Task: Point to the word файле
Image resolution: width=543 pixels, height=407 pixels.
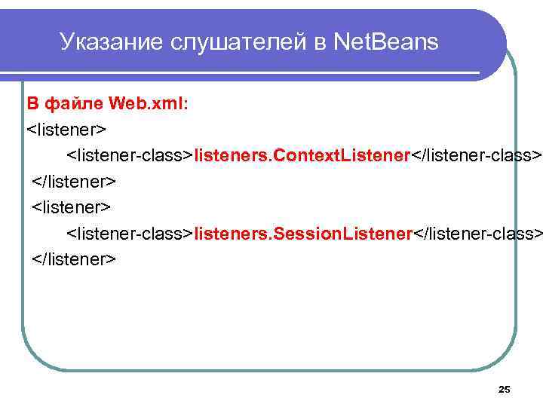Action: pyautogui.click(x=74, y=102)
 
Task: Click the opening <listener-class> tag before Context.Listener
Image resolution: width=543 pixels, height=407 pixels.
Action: pyautogui.click(x=130, y=155)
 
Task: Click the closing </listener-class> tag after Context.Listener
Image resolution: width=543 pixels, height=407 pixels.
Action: pyautogui.click(x=476, y=155)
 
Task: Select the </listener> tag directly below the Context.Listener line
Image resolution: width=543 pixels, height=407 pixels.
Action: pyautogui.click(x=74, y=181)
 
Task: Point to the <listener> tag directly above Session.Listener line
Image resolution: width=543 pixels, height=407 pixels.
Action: pyautogui.click(x=72, y=207)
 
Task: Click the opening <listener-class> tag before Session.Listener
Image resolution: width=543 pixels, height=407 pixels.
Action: pyautogui.click(x=130, y=233)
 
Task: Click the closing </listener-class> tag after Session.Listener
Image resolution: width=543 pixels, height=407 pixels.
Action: pyautogui.click(x=477, y=233)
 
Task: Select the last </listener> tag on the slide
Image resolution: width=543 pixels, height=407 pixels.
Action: pyautogui.click(x=74, y=259)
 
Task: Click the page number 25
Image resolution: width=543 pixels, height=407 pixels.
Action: pyautogui.click(x=505, y=389)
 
